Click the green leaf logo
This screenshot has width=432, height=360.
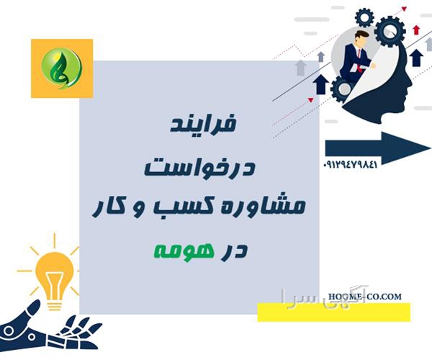62,68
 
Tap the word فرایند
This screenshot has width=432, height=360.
203,124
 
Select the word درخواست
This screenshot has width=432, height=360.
199,166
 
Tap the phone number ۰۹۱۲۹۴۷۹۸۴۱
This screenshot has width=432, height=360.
351,165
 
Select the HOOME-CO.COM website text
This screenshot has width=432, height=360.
365,297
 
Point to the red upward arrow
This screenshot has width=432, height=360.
416,30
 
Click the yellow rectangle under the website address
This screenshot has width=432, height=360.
334,312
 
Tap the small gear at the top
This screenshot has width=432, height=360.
364,17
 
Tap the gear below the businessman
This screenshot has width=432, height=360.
343,89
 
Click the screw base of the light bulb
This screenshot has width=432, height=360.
55,305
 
